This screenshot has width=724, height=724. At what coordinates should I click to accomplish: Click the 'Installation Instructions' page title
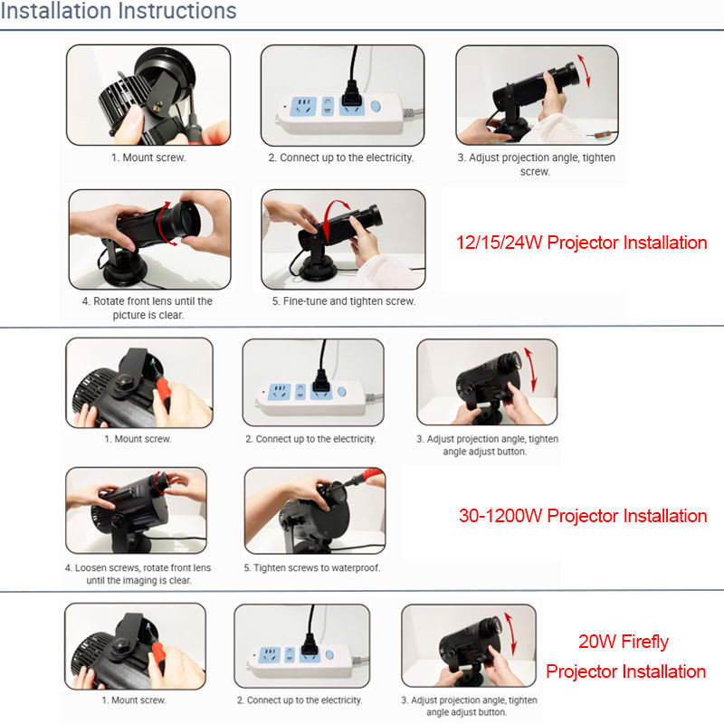(119, 10)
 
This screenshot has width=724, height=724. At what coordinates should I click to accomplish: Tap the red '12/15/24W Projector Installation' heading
(581, 243)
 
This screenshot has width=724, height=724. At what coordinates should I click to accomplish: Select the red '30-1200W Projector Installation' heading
(583, 516)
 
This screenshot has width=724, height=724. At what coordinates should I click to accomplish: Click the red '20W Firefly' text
(624, 642)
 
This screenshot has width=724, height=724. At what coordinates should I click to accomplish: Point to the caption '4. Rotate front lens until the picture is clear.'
(148, 308)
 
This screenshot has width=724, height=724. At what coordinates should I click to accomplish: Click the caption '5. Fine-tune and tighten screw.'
(344, 301)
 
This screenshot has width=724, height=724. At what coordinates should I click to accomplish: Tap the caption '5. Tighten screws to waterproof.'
(312, 567)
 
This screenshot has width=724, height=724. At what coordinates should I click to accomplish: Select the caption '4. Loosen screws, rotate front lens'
(138, 567)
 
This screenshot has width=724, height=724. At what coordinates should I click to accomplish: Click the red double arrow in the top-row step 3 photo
(584, 71)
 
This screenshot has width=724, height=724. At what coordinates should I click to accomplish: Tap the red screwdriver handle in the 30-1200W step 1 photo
(164, 393)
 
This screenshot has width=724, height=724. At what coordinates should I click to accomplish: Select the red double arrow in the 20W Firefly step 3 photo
(510, 633)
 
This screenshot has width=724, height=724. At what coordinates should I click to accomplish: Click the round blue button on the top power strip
(376, 107)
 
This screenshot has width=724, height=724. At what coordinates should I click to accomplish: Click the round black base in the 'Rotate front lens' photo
(125, 268)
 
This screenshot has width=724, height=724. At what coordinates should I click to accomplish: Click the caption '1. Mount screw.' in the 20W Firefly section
(134, 700)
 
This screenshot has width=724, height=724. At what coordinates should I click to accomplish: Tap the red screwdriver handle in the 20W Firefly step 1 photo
(158, 655)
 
